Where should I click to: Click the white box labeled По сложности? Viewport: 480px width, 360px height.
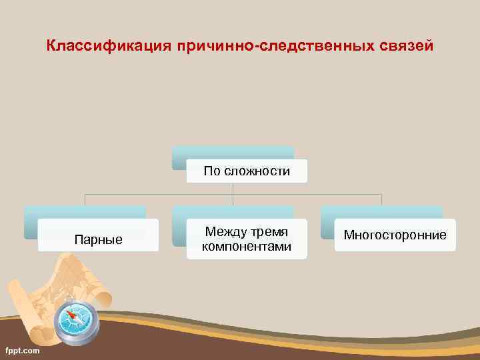pos(247,171)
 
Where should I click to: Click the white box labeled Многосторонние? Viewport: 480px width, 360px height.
pos(395,235)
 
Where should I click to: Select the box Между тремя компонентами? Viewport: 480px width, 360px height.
pos(247,239)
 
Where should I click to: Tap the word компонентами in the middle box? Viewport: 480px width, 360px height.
pos(247,247)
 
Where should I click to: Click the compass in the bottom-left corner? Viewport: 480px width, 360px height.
pos(75,321)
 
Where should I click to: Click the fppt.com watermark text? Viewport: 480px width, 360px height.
pos(22,350)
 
